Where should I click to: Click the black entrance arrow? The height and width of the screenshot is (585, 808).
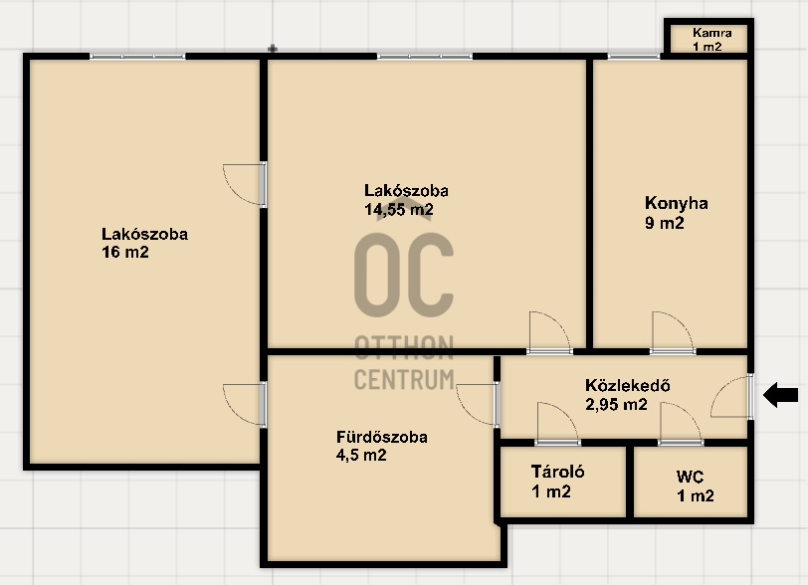point(781,395)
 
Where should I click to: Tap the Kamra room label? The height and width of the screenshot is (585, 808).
point(712,33)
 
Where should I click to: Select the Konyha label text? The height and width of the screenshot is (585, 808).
point(676,203)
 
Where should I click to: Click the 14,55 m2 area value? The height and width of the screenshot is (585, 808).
point(399,210)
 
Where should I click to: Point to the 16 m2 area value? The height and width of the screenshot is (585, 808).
point(125,252)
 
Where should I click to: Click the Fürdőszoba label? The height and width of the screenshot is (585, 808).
point(382,437)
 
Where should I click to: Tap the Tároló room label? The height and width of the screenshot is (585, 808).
point(557,472)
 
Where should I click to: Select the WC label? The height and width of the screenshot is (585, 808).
point(690,477)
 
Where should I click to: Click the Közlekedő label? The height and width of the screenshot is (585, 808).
point(628,386)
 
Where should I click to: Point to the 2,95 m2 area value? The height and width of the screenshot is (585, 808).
point(616,405)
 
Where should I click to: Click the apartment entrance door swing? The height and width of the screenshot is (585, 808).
point(731,396)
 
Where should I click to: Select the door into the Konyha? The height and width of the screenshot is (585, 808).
point(673,332)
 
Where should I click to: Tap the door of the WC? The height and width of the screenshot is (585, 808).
point(681,423)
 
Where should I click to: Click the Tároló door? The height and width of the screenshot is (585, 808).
point(557,423)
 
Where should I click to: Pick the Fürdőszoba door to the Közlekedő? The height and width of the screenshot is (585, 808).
point(478,405)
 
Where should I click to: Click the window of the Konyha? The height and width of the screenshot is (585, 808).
point(633,56)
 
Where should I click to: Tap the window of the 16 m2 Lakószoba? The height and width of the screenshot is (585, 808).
point(137,56)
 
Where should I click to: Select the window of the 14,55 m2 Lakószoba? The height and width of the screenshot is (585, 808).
point(425,56)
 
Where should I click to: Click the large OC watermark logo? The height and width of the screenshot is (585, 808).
point(404,275)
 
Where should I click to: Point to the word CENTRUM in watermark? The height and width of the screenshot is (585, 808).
point(404,379)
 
